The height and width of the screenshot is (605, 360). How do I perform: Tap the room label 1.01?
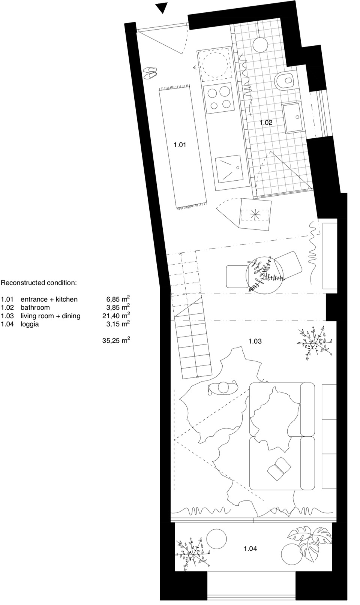point(180,145)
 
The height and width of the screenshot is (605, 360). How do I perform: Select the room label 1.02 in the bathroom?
point(266,123)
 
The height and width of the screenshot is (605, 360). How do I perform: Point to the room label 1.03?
point(255,341)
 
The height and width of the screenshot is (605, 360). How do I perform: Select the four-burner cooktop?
point(219,99)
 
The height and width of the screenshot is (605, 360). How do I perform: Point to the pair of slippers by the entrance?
point(150,73)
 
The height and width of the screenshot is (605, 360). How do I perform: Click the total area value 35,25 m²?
point(116,340)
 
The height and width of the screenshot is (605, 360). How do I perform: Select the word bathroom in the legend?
point(35,307)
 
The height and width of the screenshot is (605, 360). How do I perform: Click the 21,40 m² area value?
point(116,315)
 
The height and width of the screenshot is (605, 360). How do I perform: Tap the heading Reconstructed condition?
point(39,283)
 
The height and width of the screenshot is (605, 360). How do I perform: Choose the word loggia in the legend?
point(30,324)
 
